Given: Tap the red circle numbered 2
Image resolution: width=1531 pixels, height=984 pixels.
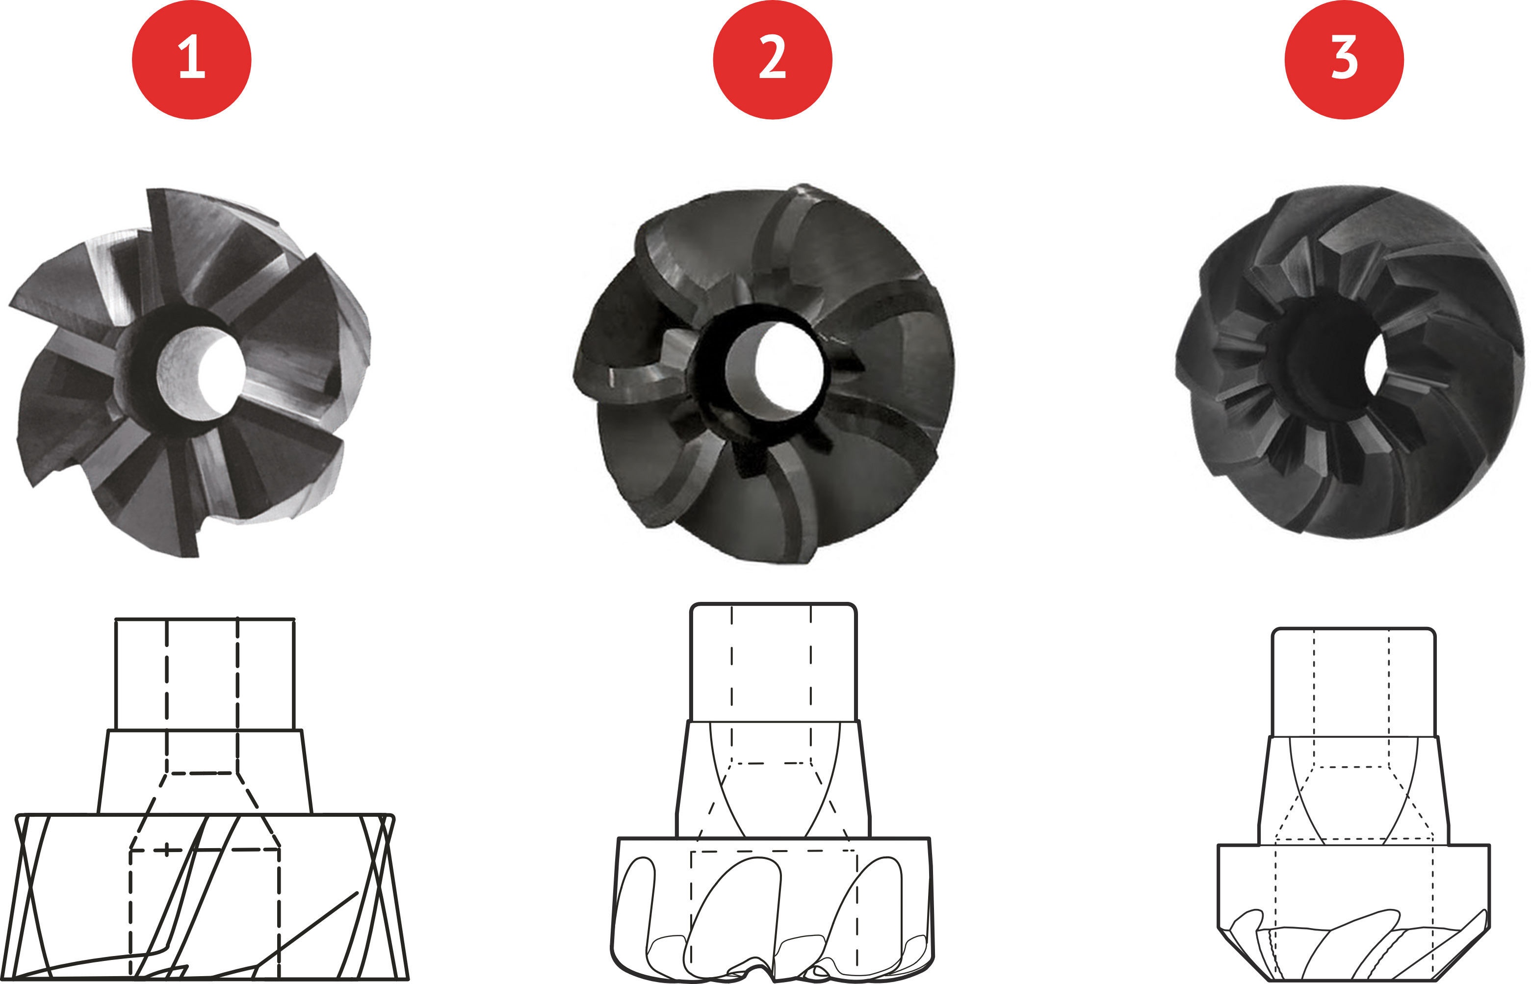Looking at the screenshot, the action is pyautogui.click(x=772, y=59).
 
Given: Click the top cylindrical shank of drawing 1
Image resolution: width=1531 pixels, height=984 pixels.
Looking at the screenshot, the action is pyautogui.click(x=205, y=673).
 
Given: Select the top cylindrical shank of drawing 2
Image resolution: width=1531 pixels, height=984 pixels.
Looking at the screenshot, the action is pyautogui.click(x=773, y=662).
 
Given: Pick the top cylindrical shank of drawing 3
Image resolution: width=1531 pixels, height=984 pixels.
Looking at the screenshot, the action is pyautogui.click(x=1353, y=682).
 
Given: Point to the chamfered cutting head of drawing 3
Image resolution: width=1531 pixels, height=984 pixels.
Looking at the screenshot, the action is pyautogui.click(x=1353, y=912).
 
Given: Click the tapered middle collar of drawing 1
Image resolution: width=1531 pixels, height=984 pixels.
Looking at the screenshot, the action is pyautogui.click(x=205, y=772).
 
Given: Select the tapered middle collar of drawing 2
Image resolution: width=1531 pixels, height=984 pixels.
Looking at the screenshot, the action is pyautogui.click(x=773, y=779).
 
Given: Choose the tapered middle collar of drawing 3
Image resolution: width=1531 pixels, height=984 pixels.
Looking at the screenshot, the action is pyautogui.click(x=1353, y=790).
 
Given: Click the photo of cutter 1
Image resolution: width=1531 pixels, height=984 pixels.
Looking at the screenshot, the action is pyautogui.click(x=189, y=372).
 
